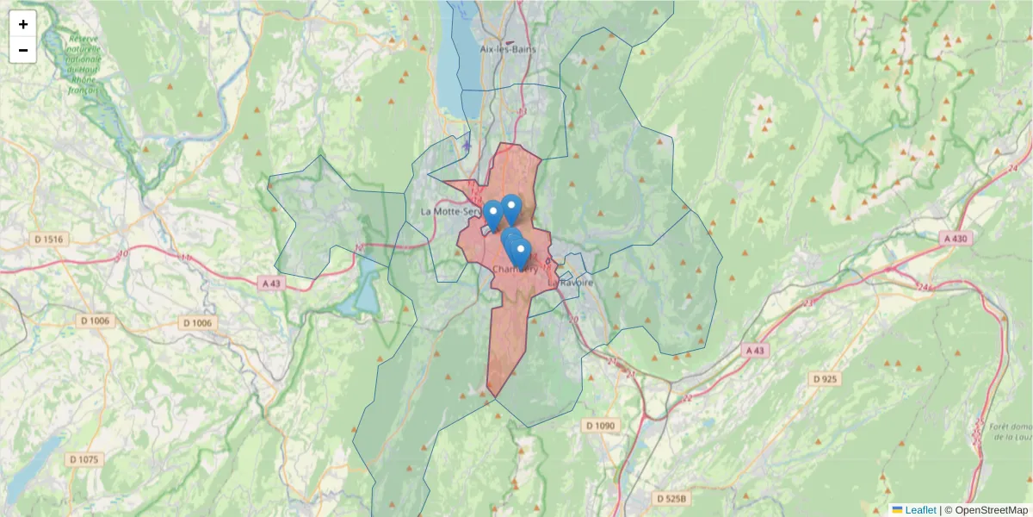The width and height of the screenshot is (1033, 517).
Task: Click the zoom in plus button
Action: (x=22, y=24)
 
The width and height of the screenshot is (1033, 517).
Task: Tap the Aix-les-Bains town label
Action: (x=508, y=48)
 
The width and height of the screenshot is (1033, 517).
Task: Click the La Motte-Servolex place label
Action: (x=449, y=211)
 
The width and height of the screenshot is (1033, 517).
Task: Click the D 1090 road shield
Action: (x=600, y=426)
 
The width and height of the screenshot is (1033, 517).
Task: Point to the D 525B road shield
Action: (x=671, y=498)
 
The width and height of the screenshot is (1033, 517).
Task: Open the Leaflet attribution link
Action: (x=920, y=510)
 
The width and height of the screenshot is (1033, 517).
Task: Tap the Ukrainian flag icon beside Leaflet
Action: (x=897, y=510)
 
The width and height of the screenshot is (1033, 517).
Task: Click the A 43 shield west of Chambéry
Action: (x=270, y=283)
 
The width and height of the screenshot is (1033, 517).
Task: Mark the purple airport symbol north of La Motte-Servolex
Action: (x=467, y=145)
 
